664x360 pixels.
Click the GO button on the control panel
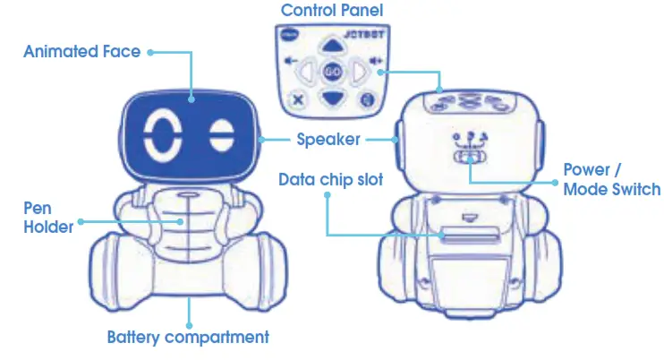pyautogui.click(x=332, y=70)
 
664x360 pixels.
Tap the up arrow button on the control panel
pyautogui.click(x=332, y=45)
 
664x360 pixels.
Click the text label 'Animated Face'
pyautogui.click(x=81, y=52)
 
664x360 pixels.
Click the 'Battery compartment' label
pyautogui.click(x=188, y=338)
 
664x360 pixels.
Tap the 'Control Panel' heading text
pyautogui.click(x=332, y=10)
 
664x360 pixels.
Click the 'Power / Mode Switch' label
pyautogui.click(x=611, y=179)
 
